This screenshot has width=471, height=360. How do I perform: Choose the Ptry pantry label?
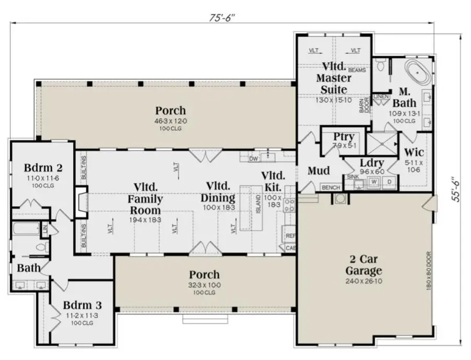point(343,137)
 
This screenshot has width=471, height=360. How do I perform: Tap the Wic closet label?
point(414,153)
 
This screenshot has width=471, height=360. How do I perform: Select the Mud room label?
point(318,171)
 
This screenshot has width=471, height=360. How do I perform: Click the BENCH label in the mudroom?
point(330,187)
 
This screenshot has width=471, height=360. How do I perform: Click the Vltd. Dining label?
point(218,192)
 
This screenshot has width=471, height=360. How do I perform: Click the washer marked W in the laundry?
point(374,182)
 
